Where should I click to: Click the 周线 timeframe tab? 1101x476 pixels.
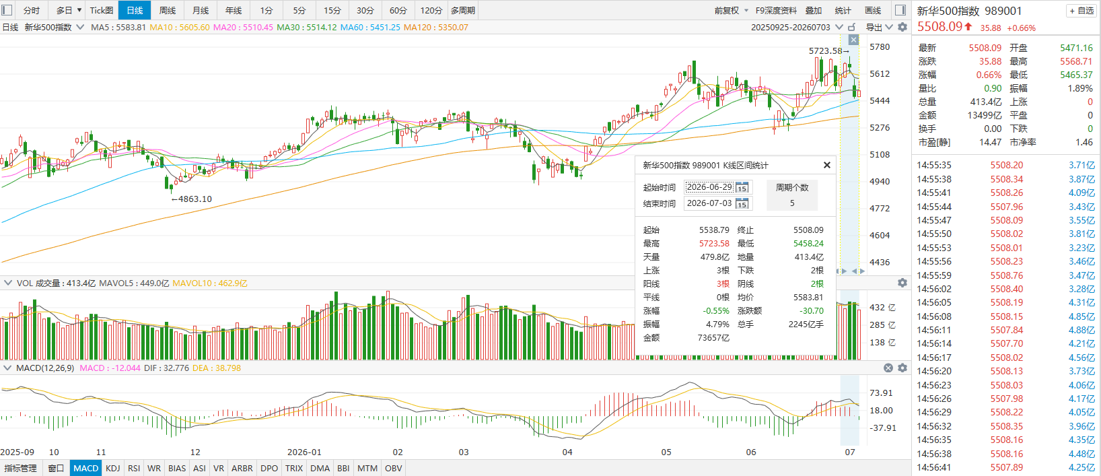(168, 10)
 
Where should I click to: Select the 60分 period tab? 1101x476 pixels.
(398, 10)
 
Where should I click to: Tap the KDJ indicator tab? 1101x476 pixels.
(112, 468)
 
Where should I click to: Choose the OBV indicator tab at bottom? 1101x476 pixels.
(393, 468)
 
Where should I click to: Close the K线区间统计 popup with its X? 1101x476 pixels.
(826, 165)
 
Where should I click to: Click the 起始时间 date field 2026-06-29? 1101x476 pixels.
(709, 187)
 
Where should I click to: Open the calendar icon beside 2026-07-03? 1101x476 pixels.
(742, 203)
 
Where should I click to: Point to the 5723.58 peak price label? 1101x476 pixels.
(826, 50)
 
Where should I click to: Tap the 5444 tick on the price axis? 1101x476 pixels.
(880, 101)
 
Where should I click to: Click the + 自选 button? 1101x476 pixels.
(1081, 11)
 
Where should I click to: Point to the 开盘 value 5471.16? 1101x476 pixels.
(1076, 48)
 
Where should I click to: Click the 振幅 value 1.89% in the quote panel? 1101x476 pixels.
(1080, 88)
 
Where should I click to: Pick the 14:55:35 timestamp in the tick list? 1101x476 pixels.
(934, 165)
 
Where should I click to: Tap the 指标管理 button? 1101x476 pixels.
(21, 468)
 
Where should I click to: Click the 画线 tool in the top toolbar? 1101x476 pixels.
(873, 10)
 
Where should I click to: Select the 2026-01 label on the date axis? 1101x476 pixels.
(304, 452)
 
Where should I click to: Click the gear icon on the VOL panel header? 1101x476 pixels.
(902, 283)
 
